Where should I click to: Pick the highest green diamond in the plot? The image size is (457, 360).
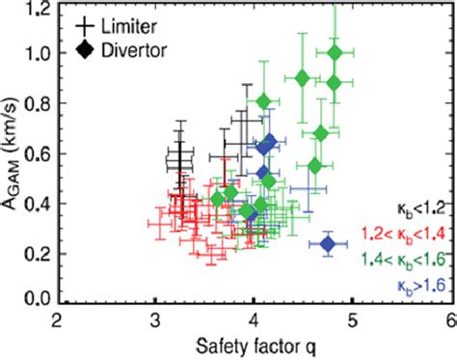click(x=335, y=53)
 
